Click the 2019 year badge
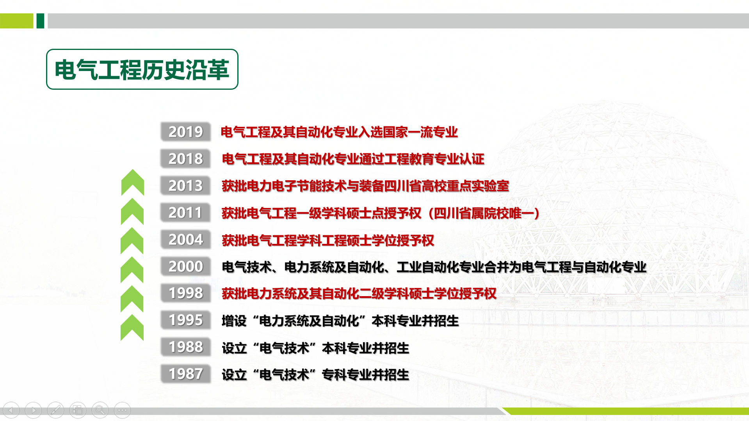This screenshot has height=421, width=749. coord(185,132)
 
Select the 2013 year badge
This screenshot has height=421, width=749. coord(185,186)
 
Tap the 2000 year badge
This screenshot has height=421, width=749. coord(185,266)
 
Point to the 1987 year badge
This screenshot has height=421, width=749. coord(185,374)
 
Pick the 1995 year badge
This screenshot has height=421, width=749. coord(185,320)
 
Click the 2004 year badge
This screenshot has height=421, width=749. coord(185,240)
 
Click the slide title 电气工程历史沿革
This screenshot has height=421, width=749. coord(142,70)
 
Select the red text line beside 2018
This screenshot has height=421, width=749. coord(353,159)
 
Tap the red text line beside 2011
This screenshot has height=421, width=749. coord(381,213)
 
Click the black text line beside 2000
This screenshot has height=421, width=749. coord(434,267)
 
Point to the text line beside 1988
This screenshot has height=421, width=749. coord(315,348)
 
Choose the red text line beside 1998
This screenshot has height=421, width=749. coord(359,293)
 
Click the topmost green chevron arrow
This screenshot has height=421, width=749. coord(133,182)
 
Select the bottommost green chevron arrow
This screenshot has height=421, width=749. coord(132,328)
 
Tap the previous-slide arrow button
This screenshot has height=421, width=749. coord(11,410)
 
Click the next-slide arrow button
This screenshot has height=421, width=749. coord(33,410)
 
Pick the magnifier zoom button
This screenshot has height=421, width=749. coord(100,410)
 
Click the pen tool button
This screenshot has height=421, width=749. coord(55,410)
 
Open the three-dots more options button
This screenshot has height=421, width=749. coord(122,410)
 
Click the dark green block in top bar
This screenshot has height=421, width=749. coord(40,21)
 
